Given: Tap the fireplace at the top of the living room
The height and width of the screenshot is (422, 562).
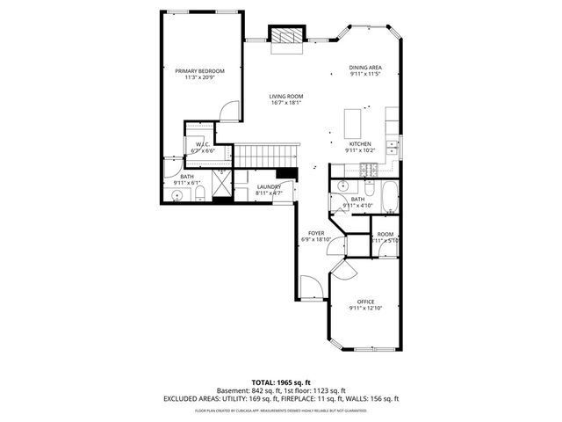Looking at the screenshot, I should click(x=285, y=37).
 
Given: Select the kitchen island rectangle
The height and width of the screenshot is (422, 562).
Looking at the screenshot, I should click(x=354, y=119).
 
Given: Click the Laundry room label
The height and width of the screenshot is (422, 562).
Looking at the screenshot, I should click(x=269, y=186).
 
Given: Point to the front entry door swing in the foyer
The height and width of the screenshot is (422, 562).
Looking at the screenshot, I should click(x=310, y=286).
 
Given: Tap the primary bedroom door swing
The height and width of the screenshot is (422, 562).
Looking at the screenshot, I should click(x=228, y=111).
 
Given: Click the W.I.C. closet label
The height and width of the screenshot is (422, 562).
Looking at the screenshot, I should click(x=201, y=144).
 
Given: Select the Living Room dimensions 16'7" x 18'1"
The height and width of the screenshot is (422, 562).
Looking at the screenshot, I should click(x=285, y=103).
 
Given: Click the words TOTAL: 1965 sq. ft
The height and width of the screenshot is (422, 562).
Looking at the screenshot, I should click(x=280, y=383).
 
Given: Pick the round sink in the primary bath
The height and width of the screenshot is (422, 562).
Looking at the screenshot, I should click(x=177, y=196).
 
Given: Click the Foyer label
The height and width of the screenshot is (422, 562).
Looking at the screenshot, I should click(x=315, y=232).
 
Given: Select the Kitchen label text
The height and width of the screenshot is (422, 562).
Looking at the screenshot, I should click(x=361, y=143).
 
